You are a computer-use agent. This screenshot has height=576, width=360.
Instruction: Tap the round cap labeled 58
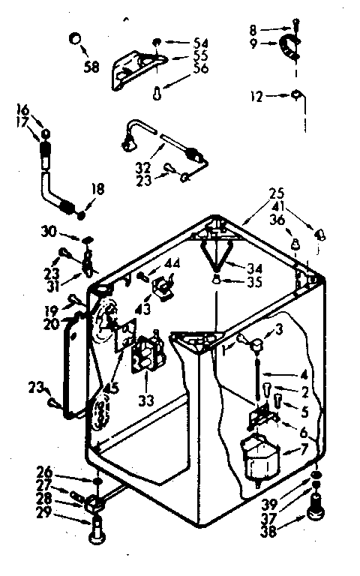(x=74, y=39)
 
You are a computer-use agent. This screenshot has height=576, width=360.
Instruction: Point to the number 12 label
(x=257, y=96)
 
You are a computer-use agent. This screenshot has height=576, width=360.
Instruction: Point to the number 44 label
(x=172, y=262)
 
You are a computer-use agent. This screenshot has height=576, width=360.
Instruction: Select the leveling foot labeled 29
(x=95, y=535)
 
